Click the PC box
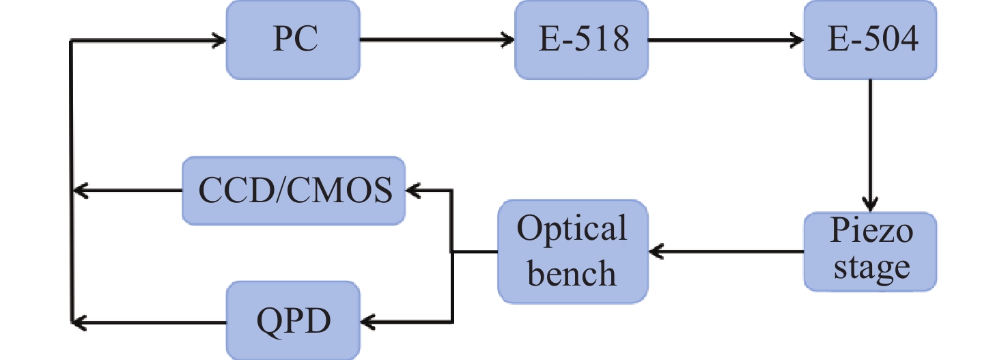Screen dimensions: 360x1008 294,40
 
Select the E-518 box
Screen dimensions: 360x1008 582,40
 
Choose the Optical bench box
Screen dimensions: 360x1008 572,251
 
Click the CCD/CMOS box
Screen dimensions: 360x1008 294,191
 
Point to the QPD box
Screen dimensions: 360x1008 294,319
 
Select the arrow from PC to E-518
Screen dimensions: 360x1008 437,40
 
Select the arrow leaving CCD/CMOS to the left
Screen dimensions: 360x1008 127,191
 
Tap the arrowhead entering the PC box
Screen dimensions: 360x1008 217,40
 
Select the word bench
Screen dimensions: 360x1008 572,273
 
